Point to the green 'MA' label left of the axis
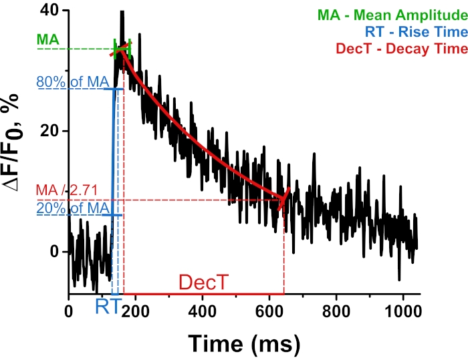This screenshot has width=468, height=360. pos(47,41)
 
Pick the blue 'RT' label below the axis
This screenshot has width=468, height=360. pos(107,307)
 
